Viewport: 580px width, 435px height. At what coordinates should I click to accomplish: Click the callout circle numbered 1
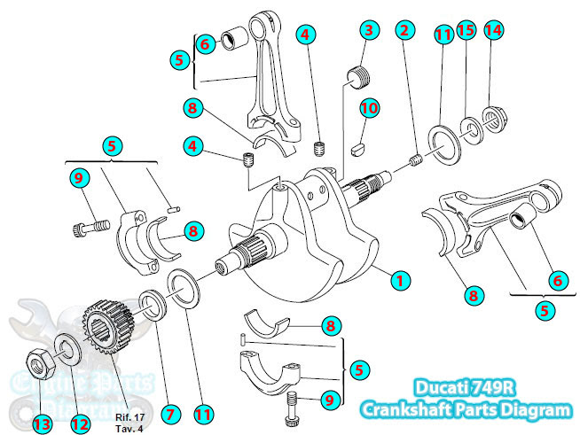pos(400,279)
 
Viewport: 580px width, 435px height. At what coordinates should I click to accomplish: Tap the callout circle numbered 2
pos(405,29)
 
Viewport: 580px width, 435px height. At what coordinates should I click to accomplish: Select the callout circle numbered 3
pos(368,29)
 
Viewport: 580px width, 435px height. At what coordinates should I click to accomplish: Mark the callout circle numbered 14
pos(494,29)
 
